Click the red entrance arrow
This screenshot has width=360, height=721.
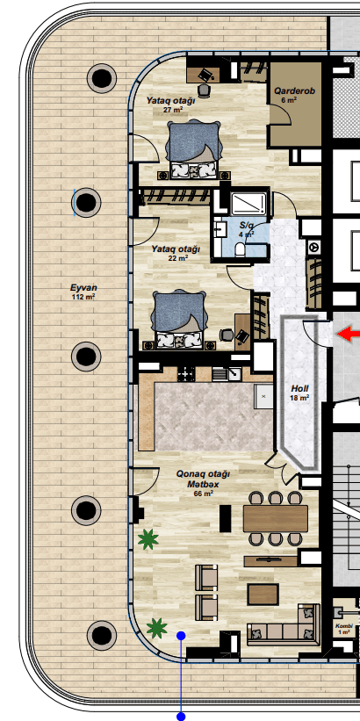349,334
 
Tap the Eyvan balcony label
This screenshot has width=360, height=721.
83,288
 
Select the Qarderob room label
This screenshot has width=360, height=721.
295,91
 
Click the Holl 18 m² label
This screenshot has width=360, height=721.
299,393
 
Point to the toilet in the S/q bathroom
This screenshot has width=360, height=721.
240,249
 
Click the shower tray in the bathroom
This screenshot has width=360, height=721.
248,204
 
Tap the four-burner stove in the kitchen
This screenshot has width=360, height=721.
186,374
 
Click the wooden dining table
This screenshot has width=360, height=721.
276,519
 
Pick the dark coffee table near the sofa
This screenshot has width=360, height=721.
263,594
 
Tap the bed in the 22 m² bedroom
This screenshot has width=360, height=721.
179,320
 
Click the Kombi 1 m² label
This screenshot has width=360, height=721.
344,629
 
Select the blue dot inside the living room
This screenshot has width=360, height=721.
181,636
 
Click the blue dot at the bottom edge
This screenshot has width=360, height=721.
181,717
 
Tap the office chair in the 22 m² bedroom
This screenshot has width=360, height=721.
226,335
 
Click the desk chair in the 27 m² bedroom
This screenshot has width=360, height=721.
204,90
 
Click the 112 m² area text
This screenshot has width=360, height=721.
83,298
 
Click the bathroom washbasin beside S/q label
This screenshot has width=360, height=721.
220,229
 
